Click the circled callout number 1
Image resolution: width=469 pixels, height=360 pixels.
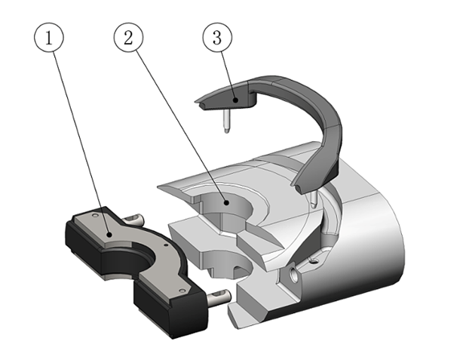[x=50, y=39]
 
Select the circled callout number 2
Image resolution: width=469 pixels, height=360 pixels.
[x=129, y=39]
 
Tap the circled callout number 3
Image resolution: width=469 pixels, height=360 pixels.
[x=217, y=39]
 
